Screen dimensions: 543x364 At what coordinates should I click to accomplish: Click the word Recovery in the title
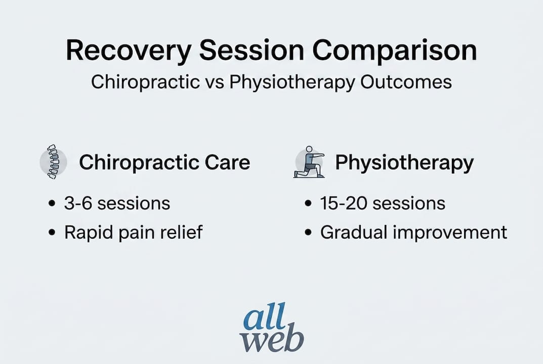point(129,51)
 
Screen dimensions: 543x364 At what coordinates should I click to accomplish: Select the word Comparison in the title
point(395,51)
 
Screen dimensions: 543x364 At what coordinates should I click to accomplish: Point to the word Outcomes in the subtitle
point(406,82)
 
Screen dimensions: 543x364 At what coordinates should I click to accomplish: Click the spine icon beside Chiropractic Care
point(53,162)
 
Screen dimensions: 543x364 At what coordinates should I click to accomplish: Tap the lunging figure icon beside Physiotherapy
point(309,162)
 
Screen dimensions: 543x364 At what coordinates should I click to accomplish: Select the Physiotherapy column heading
point(404,163)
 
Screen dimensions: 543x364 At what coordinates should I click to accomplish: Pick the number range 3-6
point(78,203)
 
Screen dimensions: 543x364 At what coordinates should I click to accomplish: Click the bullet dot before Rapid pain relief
point(52,232)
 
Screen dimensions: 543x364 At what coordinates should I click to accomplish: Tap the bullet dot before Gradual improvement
point(308,232)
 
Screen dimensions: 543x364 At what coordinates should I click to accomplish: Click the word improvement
point(450,232)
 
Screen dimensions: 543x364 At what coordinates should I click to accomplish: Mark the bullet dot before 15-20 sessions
point(308,203)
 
